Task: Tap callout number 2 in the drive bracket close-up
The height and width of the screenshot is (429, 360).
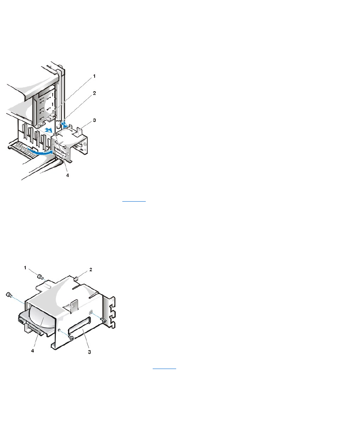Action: [91, 269]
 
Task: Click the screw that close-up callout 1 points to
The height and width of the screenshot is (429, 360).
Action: [40, 276]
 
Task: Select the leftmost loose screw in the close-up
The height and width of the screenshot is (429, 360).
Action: [9, 295]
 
